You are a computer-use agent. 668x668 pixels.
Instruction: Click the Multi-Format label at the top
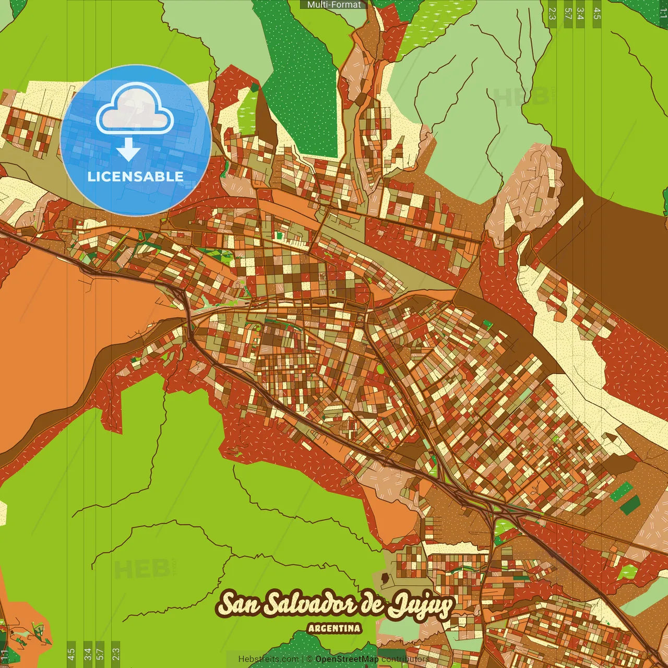point(334,5)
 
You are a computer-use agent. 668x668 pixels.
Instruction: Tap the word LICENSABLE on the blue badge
point(136,176)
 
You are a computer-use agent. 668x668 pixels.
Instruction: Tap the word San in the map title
point(237,605)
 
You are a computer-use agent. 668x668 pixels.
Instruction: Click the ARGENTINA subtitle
point(334,628)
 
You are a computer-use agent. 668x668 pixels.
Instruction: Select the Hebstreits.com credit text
point(268,659)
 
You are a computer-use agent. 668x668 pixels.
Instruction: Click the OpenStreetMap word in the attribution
point(347,659)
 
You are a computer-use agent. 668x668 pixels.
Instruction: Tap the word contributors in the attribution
point(405,659)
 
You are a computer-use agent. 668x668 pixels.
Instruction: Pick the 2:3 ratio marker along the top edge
point(552,13)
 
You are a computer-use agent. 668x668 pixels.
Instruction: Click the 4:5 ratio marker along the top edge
point(597,13)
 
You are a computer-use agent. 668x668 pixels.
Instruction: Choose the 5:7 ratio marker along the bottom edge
point(100,654)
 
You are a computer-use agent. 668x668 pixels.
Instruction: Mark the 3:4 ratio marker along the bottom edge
point(88,654)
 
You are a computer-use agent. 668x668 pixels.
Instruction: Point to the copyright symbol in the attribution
point(309,659)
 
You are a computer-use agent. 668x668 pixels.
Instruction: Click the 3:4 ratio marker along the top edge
point(580,13)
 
